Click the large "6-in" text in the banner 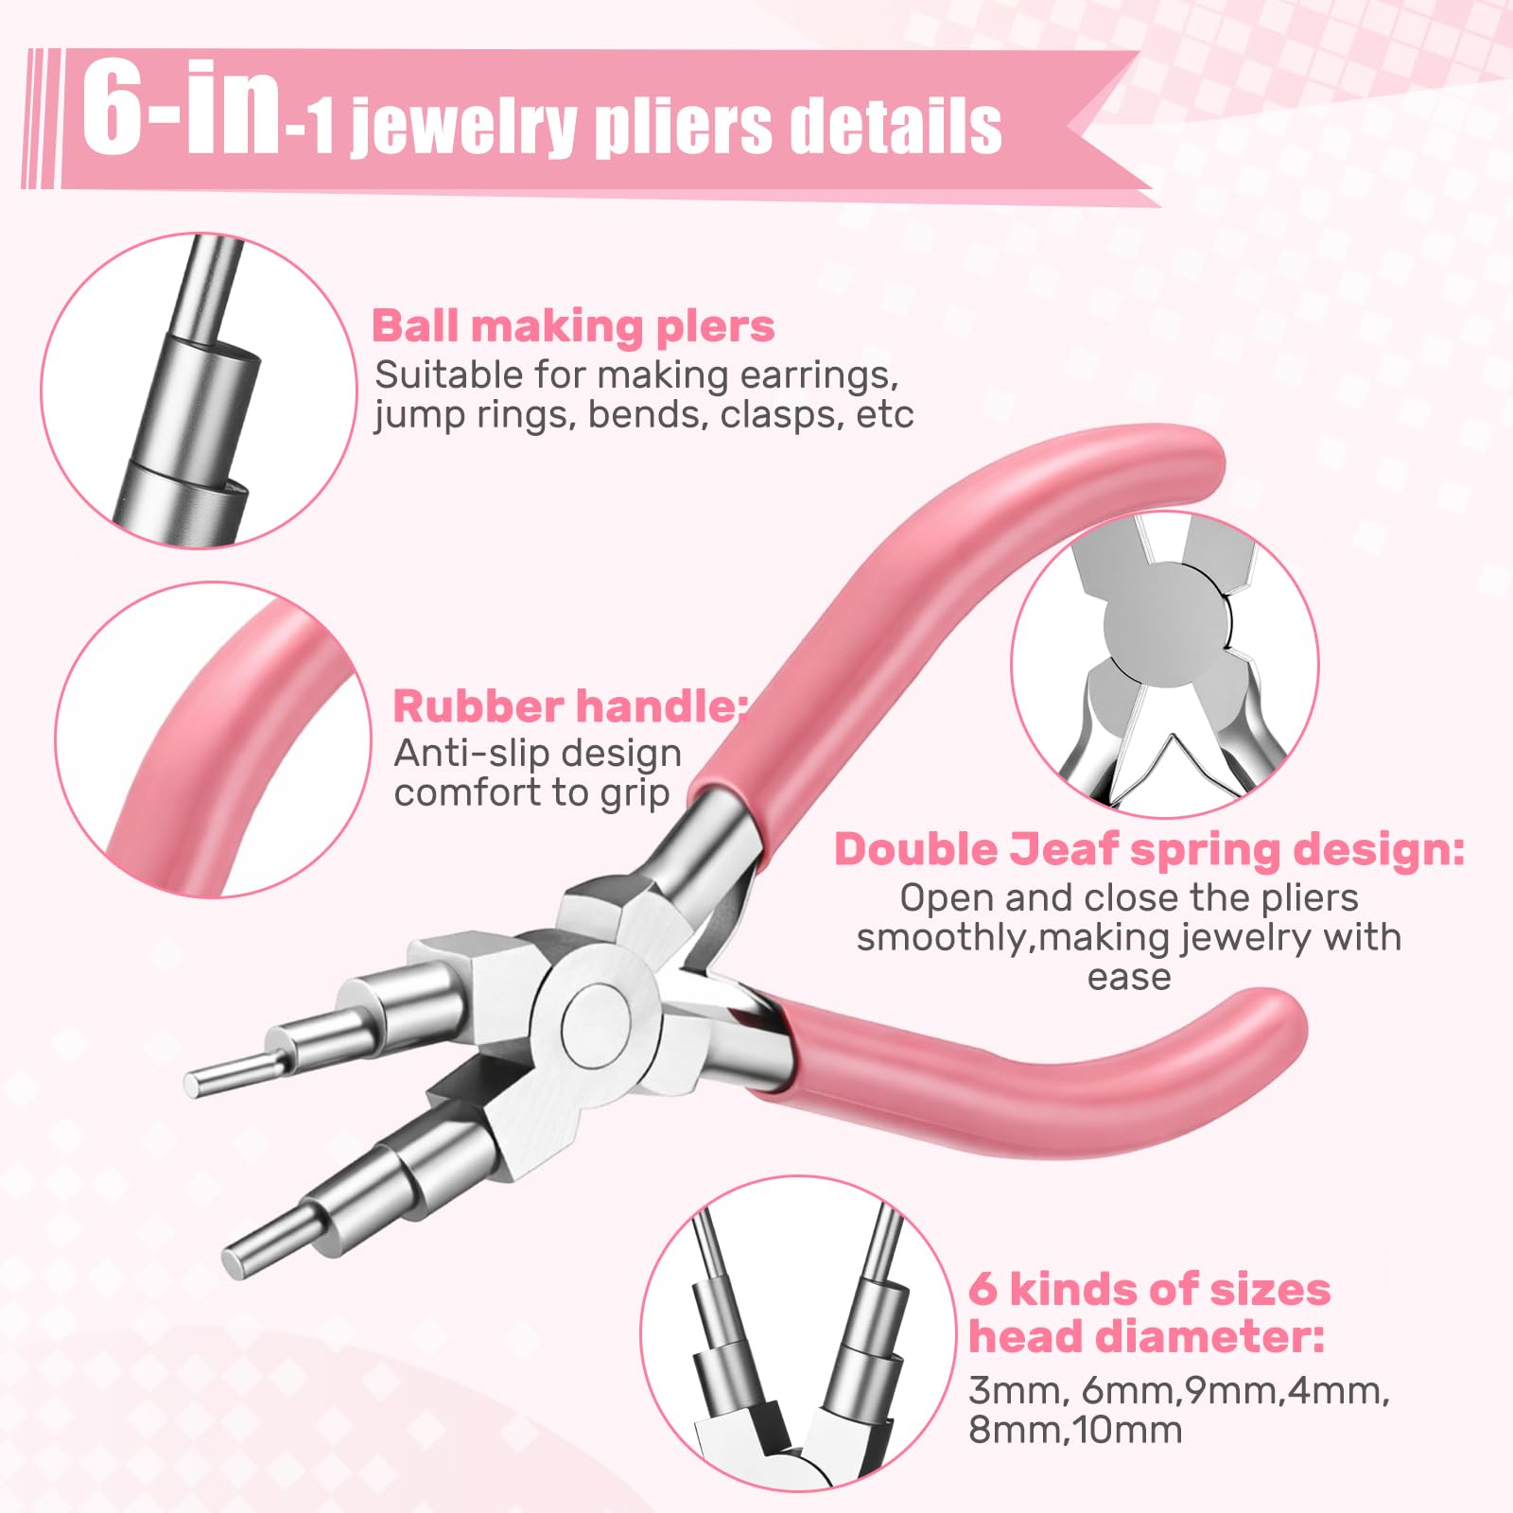pos(180,112)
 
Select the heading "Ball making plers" pos(573,326)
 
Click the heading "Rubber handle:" pos(569,706)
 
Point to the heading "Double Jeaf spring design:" pos(1149,849)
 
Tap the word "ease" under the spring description pos(1129,977)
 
